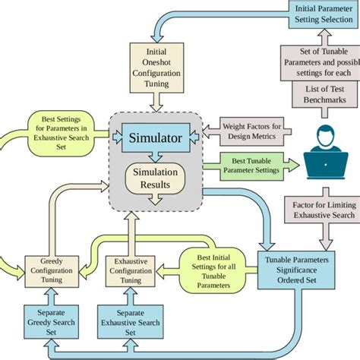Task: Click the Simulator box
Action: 155,138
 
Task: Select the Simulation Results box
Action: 155,178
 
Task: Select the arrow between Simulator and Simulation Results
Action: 155,158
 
